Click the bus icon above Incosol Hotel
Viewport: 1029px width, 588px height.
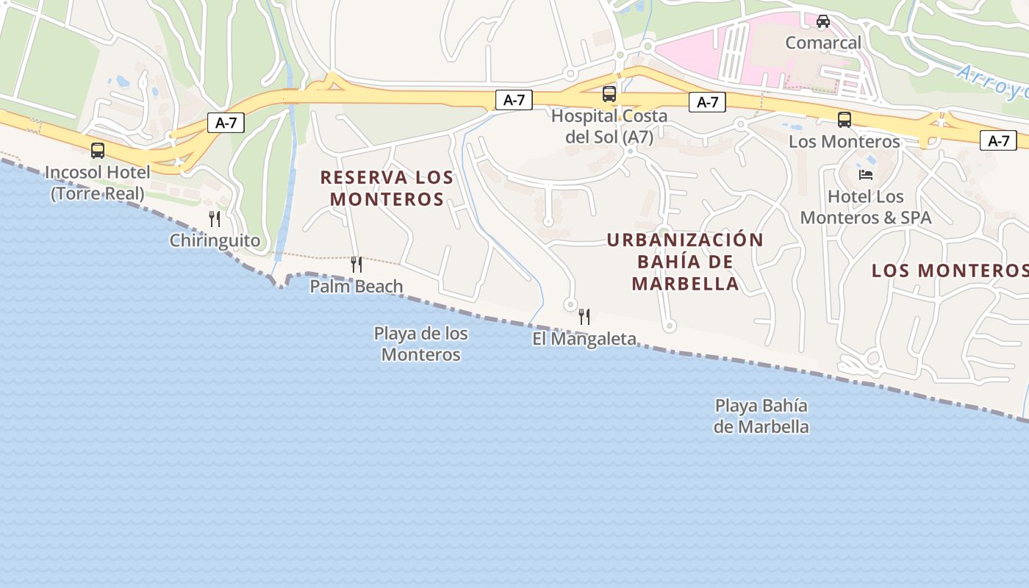[98, 151]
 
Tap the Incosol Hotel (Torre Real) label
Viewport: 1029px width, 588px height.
[98, 183]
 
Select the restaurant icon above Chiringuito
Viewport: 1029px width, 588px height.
[214, 219]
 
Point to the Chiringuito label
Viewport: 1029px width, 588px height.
[215, 240]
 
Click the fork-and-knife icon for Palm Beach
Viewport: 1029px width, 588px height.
[356, 265]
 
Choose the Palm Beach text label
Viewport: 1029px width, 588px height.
[356, 286]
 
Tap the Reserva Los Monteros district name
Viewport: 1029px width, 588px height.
[387, 188]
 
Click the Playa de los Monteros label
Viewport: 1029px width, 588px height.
[421, 343]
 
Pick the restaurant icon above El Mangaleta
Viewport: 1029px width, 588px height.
[584, 317]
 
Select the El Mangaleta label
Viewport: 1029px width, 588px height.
[584, 339]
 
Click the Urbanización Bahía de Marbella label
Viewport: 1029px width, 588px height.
[685, 262]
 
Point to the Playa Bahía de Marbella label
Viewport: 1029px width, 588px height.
[761, 416]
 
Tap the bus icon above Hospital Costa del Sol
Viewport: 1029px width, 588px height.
[609, 94]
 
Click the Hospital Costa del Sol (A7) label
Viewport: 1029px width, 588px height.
[609, 126]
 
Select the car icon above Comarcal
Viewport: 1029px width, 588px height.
[823, 21]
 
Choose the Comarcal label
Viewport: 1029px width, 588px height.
[823, 43]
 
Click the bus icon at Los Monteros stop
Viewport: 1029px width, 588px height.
[845, 119]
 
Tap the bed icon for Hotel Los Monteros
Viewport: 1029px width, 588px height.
[866, 175]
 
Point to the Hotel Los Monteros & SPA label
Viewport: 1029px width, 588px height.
[866, 207]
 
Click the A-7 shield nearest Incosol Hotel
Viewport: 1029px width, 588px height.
[226, 123]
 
